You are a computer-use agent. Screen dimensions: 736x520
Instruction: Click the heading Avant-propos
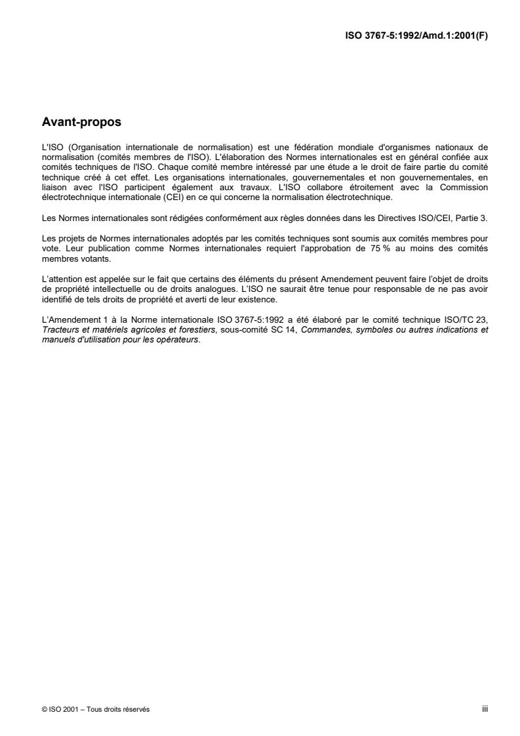click(81, 121)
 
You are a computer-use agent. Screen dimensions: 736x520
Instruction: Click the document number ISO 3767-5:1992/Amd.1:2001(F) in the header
click(416, 37)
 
